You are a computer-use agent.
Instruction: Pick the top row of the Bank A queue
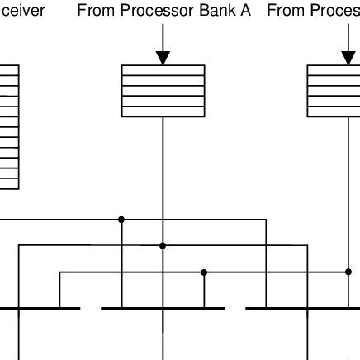(x=163, y=70)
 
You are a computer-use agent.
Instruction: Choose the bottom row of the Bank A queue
(x=163, y=111)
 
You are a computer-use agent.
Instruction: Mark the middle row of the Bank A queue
(x=163, y=91)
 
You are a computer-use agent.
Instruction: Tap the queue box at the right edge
(x=334, y=91)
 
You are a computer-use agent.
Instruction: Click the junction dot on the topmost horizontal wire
(x=121, y=220)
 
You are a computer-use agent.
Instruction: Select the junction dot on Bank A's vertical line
(x=163, y=245)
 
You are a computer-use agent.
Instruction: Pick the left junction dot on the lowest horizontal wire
(x=204, y=272)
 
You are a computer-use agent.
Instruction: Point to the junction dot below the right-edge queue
(x=348, y=272)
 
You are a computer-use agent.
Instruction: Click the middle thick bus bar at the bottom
(x=163, y=309)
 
